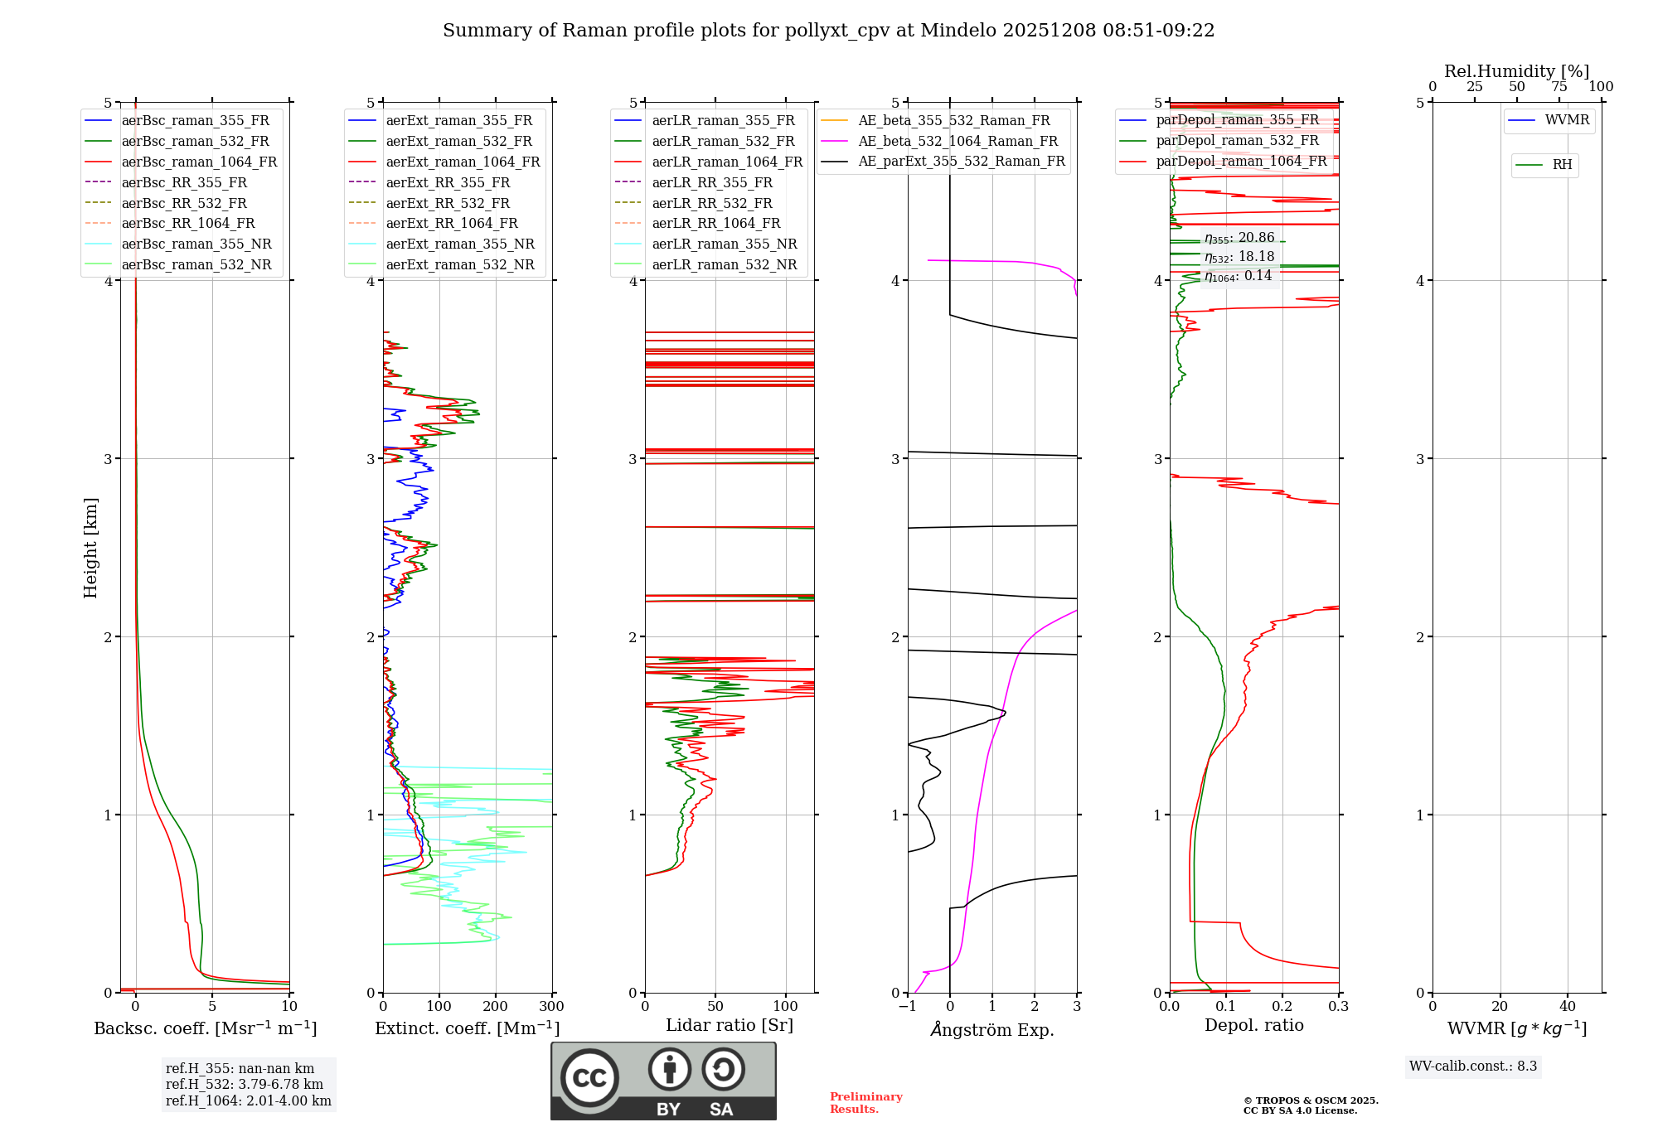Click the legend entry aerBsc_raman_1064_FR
(199, 162)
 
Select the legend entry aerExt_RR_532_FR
(448, 204)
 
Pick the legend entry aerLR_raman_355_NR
(724, 244)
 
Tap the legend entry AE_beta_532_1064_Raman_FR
(957, 142)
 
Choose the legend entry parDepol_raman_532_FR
(1237, 141)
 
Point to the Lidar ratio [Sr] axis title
(729, 1025)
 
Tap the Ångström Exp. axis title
(992, 1030)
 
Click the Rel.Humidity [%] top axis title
(1516, 71)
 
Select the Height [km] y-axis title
(90, 548)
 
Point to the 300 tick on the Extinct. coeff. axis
(551, 1007)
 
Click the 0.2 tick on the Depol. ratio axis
(1282, 1007)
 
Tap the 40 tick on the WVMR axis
(1567, 1007)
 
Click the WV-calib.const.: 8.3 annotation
(1472, 1067)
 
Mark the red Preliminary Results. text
(865, 1103)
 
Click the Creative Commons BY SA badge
(663, 1081)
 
